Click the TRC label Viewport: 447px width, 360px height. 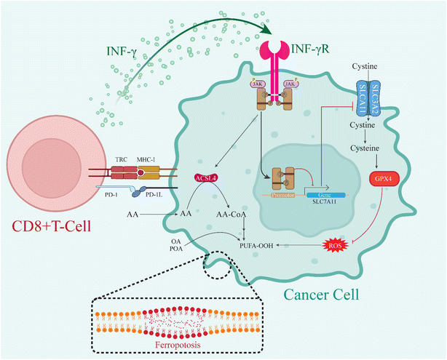(x=120, y=159)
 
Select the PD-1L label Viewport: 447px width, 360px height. (x=149, y=195)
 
